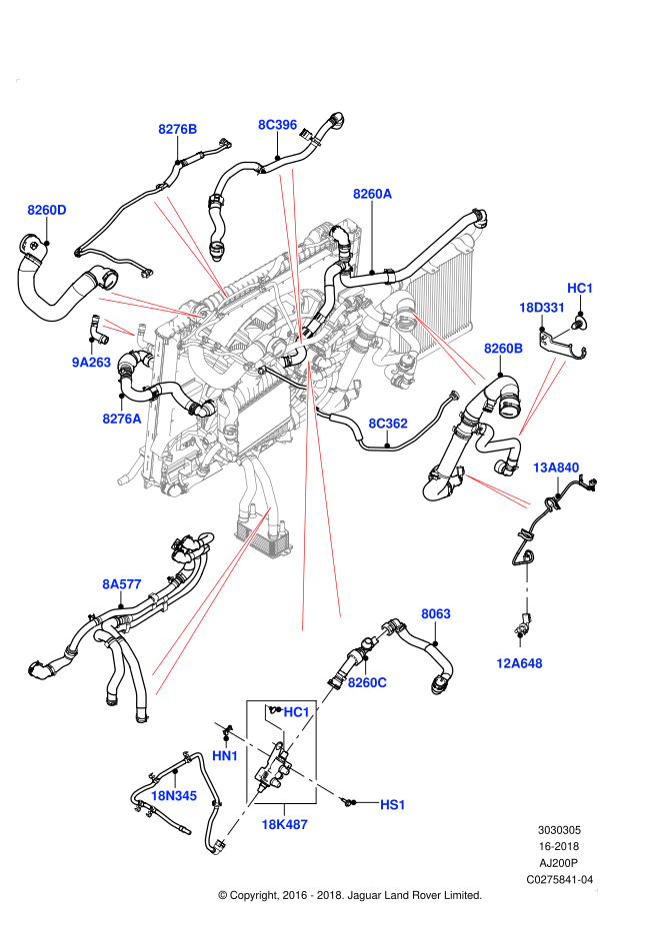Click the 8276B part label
tap(178, 129)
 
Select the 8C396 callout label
tap(278, 125)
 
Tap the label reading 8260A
tap(373, 194)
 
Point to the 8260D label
tap(47, 210)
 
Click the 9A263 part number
tap(92, 363)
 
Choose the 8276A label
tap(122, 419)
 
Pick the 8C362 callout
tap(388, 424)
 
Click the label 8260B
tap(504, 349)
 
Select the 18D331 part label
tap(542, 308)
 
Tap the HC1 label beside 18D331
tap(580, 289)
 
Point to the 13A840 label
tap(556, 467)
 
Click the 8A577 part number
tap(122, 584)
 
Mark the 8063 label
tap(436, 614)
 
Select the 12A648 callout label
tap(519, 663)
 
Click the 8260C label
tap(367, 682)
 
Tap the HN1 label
tap(225, 756)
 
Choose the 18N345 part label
tap(174, 796)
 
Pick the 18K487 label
tap(285, 825)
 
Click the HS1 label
tap(393, 805)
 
